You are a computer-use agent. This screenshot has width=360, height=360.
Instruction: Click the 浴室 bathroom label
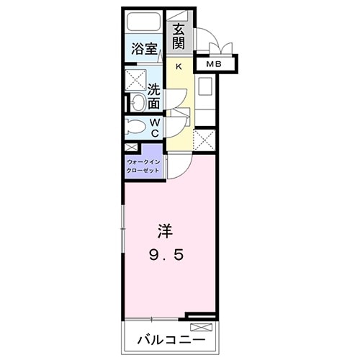pos(144,49)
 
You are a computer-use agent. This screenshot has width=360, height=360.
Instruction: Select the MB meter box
pos(215,64)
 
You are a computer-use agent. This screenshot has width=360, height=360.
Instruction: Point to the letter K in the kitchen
pos(179,67)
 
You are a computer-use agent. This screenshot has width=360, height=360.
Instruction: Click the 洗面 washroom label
pos(154,97)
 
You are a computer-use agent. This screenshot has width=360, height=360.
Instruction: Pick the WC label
pos(155,127)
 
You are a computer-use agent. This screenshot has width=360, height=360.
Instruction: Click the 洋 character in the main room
pos(165,232)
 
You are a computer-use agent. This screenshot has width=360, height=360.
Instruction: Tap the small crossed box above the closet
pos(131,148)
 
